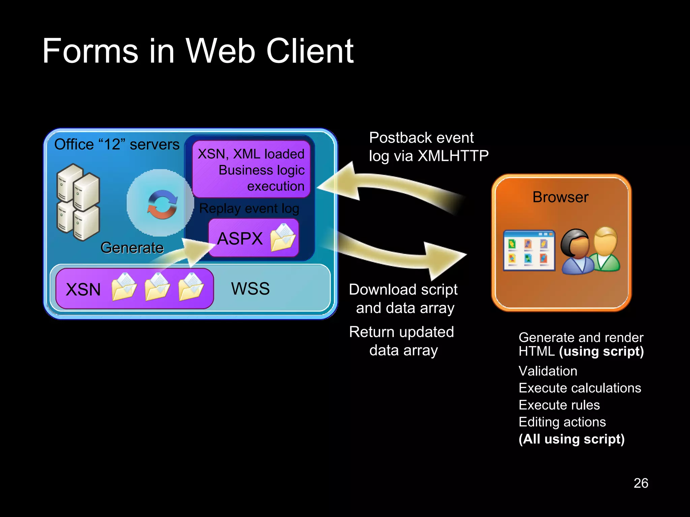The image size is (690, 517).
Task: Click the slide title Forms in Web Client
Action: [x=198, y=51]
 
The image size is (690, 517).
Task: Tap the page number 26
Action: [x=640, y=483]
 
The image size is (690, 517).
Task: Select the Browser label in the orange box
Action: [x=560, y=197]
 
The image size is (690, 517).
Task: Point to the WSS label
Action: [x=250, y=289]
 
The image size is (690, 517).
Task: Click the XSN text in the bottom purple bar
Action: [x=83, y=289]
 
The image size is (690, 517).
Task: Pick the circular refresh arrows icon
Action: [x=162, y=204]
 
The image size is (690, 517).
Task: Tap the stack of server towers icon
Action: [x=78, y=202]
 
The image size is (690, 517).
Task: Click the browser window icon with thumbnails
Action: [x=529, y=250]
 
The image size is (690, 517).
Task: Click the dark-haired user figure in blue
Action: [x=576, y=252]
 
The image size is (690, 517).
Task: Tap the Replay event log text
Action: [x=249, y=208]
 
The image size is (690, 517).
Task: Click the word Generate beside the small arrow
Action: [x=132, y=248]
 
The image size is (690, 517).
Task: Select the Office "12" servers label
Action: [x=117, y=144]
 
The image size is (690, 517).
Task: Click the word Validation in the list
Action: [x=547, y=371]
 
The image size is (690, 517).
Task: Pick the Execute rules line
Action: [x=559, y=405]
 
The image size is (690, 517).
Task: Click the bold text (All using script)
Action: [x=571, y=439]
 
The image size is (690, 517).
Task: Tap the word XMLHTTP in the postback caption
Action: [x=453, y=156]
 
